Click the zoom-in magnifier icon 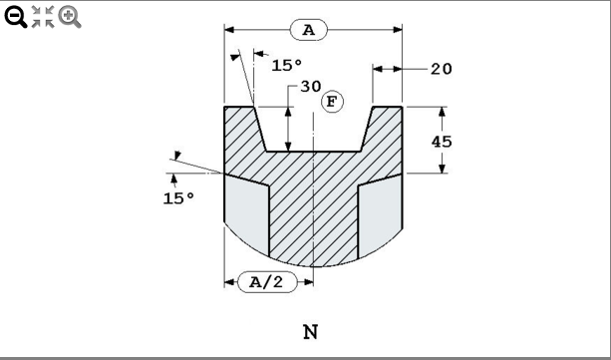[x=70, y=16]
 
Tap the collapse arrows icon [x=43, y=16]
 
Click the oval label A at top [x=308, y=30]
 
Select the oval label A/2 [x=268, y=282]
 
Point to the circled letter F [x=331, y=102]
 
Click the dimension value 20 [x=442, y=69]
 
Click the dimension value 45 [x=442, y=141]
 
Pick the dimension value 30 [x=310, y=87]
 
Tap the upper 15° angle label [x=286, y=65]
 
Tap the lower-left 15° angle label [x=178, y=197]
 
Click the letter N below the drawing [x=311, y=331]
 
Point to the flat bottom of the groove [x=313, y=152]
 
